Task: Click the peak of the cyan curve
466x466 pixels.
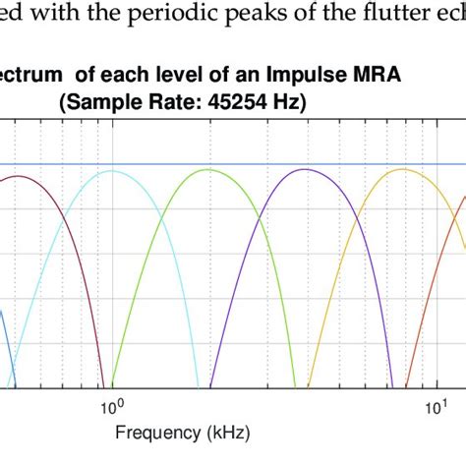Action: click(112, 171)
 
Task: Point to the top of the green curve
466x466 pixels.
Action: click(206, 170)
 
